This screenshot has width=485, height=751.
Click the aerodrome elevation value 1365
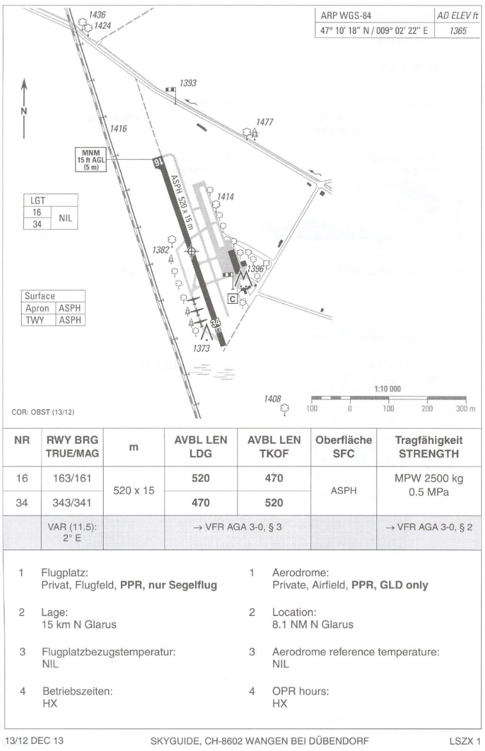[x=457, y=31]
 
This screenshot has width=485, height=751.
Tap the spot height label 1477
[x=264, y=122]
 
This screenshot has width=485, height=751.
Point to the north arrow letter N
[x=24, y=110]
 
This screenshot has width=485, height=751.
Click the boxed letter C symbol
[x=233, y=298]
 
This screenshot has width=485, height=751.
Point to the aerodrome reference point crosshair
[x=190, y=251]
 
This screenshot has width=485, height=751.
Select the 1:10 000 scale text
[x=387, y=389]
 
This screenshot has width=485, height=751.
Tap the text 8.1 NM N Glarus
[x=312, y=624]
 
